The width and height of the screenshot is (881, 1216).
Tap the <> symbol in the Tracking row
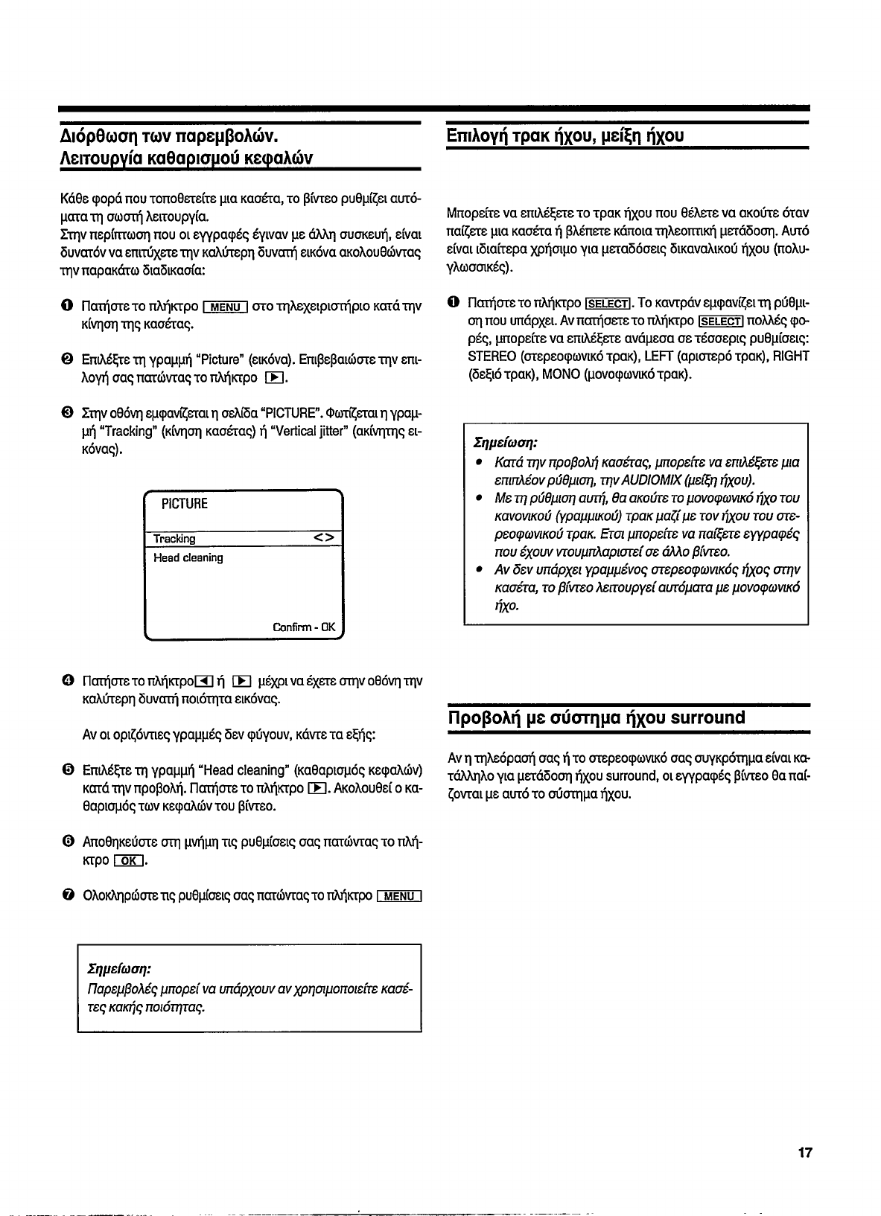324,537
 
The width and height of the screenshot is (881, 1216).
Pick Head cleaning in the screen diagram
188,557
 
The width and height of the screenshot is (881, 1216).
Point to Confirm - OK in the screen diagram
305,627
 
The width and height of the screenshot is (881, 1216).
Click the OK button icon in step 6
127,862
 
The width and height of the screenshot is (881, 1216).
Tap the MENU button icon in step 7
400,896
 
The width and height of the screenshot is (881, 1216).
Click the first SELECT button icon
608,304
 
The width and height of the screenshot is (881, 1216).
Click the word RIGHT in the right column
791,356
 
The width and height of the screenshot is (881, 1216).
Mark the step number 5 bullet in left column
67,769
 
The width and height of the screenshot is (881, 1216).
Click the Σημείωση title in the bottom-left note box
119,970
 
